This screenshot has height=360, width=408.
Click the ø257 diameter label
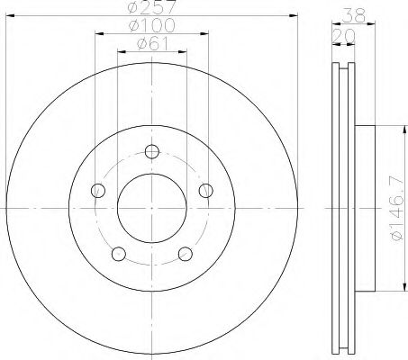click(x=151, y=6)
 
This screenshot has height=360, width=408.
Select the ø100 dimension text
click(x=151, y=25)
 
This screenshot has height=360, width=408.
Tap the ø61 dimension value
click(x=152, y=43)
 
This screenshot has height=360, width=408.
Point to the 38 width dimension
click(x=355, y=15)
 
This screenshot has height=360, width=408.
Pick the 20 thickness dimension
click(x=343, y=36)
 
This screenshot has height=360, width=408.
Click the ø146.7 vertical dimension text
click(x=397, y=208)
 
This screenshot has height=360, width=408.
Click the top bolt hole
click(x=152, y=151)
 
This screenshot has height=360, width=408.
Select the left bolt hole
click(x=98, y=191)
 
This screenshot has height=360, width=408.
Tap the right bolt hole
click(x=206, y=191)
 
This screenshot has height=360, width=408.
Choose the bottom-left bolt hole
click(x=119, y=254)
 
